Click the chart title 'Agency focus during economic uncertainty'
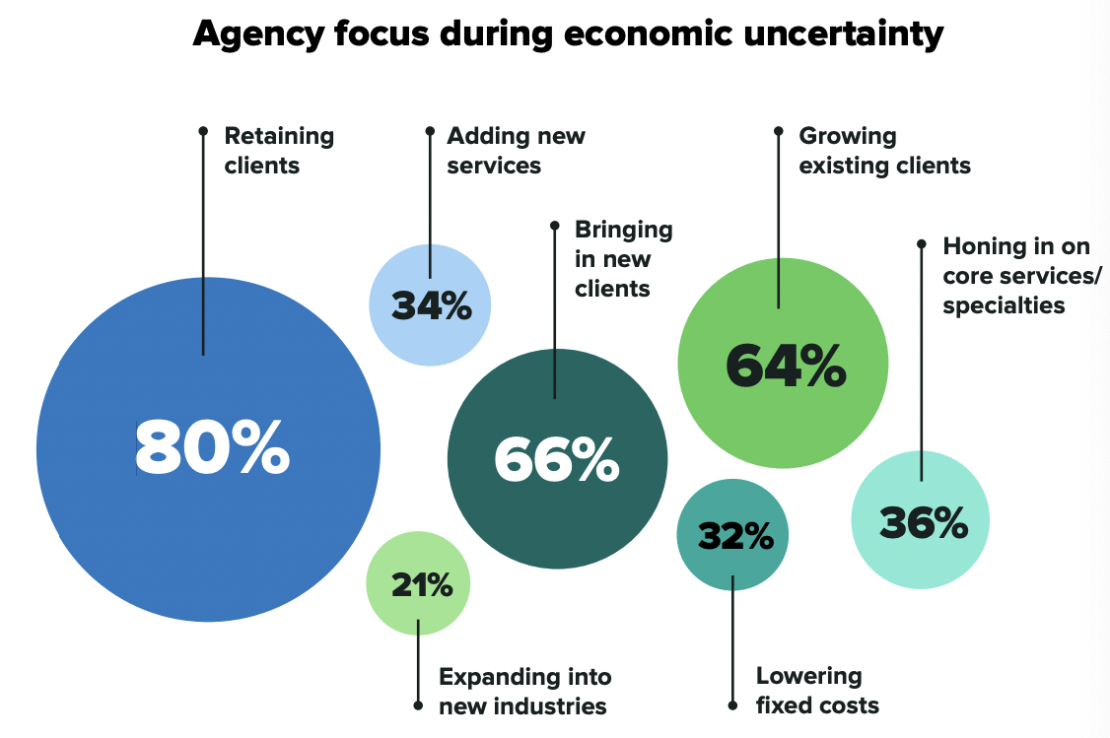pyautogui.click(x=568, y=34)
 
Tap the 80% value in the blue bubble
pyautogui.click(x=212, y=448)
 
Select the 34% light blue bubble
pyautogui.click(x=431, y=305)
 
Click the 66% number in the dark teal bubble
pyautogui.click(x=557, y=458)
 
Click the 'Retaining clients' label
pyautogui.click(x=279, y=150)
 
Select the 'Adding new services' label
pyautogui.click(x=516, y=150)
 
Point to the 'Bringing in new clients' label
pyautogui.click(x=623, y=259)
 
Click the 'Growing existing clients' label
pyautogui.click(x=884, y=150)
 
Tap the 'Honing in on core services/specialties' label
pyautogui.click(x=1021, y=275)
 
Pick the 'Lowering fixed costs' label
pyautogui.click(x=817, y=691)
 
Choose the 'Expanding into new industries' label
pyautogui.click(x=524, y=692)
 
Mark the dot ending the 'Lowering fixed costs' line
pyautogui.click(x=732, y=705)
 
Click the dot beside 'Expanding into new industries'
pyautogui.click(x=418, y=705)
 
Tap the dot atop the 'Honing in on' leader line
pyautogui.click(x=921, y=242)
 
